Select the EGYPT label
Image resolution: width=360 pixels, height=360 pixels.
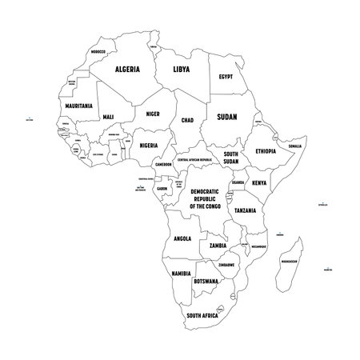click(x=226, y=77)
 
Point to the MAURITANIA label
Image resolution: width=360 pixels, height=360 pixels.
click(x=77, y=105)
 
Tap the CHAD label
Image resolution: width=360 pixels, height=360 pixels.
click(x=188, y=120)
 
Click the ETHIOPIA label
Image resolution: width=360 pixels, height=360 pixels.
click(x=265, y=150)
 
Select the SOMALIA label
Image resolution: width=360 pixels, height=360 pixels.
click(x=295, y=146)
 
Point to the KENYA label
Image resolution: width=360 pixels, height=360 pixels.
click(x=259, y=183)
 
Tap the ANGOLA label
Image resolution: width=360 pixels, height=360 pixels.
click(x=182, y=238)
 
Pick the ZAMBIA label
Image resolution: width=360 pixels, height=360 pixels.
click(x=217, y=246)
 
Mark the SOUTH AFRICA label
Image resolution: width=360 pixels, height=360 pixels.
click(x=202, y=314)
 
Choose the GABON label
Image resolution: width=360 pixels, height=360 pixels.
click(x=162, y=188)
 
